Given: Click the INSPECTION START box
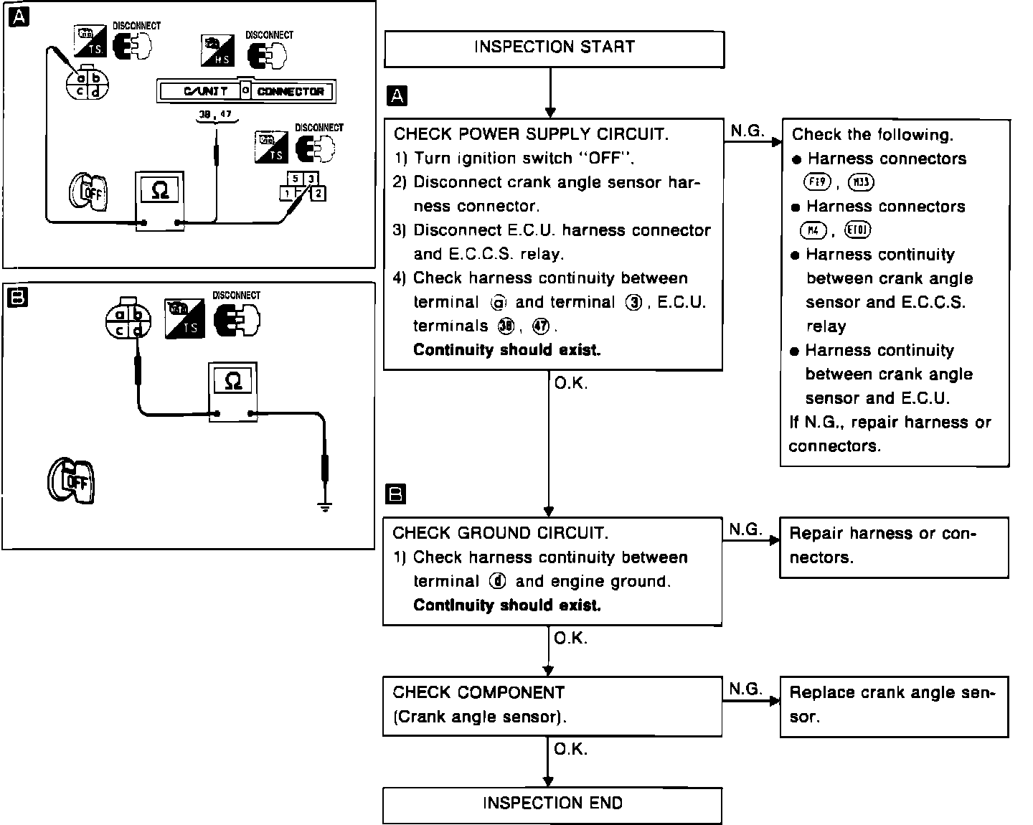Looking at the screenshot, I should [554, 48].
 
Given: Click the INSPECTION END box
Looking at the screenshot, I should [552, 804].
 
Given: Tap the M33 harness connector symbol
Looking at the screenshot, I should [860, 182].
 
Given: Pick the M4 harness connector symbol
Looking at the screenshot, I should [812, 230].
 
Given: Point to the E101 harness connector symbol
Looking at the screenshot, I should [859, 230].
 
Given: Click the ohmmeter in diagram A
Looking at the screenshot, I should [161, 200].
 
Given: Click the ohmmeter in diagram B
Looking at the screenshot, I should [233, 391].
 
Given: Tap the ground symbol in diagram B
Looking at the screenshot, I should [325, 507].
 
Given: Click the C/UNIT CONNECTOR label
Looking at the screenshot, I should [246, 91].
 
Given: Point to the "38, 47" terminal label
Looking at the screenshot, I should [215, 114].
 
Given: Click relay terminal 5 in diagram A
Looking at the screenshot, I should [295, 179].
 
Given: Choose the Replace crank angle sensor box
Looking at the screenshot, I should [894, 706].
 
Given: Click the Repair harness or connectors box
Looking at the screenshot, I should [894, 547].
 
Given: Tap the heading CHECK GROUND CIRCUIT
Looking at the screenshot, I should [500, 533].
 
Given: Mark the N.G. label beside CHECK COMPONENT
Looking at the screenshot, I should [745, 689].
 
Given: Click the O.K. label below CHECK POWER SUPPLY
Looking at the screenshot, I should [571, 384].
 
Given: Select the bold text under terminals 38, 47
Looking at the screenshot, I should [507, 350].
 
